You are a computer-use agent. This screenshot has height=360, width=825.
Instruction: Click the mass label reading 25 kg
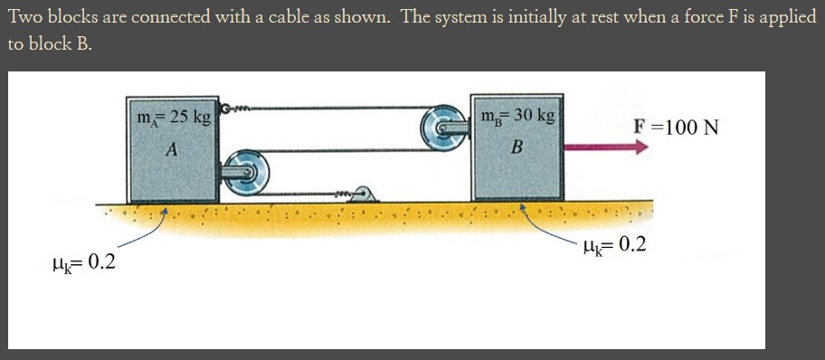[x=173, y=117]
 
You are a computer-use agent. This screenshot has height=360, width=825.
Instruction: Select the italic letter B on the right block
[x=517, y=147]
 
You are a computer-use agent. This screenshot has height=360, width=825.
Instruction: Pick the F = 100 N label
[x=676, y=126]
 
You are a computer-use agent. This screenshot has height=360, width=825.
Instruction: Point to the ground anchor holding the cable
[x=364, y=194]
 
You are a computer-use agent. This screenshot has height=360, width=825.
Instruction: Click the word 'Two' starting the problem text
[x=27, y=18]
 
